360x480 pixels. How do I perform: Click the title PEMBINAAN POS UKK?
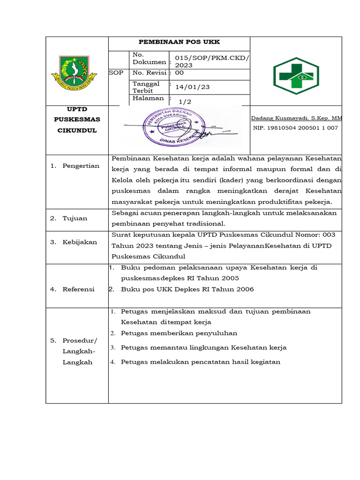tap(180, 42)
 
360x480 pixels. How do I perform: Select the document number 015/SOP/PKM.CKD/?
tap(212, 58)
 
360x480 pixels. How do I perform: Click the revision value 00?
tap(180, 73)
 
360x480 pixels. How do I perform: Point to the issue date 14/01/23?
tap(193, 87)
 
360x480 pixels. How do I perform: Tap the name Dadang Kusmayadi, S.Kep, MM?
tap(297, 119)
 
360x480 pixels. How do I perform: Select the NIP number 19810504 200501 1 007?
tap(295, 127)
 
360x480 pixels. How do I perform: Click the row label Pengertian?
tap(81, 166)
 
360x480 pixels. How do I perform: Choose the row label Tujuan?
tap(75, 218)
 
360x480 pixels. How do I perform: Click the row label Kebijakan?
tap(80, 242)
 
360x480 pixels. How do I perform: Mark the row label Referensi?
tap(79, 289)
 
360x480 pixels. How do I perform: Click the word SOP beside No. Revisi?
tap(116, 73)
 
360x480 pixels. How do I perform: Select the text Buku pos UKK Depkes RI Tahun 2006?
tap(187, 289)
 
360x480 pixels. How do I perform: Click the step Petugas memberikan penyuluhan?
tap(179, 333)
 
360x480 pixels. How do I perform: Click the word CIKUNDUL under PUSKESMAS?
tap(77, 130)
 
